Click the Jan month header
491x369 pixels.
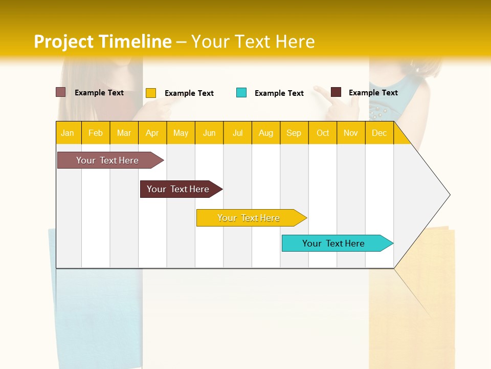[68, 133]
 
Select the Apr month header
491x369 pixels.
[152, 133]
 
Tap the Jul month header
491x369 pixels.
[237, 133]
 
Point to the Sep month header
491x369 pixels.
[294, 133]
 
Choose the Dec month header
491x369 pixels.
[379, 133]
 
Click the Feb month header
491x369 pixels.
[96, 133]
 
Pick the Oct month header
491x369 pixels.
[323, 133]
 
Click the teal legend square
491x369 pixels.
[241, 93]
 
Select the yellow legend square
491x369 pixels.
[151, 93]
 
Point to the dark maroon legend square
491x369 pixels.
[336, 92]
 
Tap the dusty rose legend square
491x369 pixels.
[61, 92]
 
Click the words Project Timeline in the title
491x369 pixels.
[102, 42]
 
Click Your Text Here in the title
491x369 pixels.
[253, 42]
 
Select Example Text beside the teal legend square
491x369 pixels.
[279, 93]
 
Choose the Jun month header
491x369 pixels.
[209, 133]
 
